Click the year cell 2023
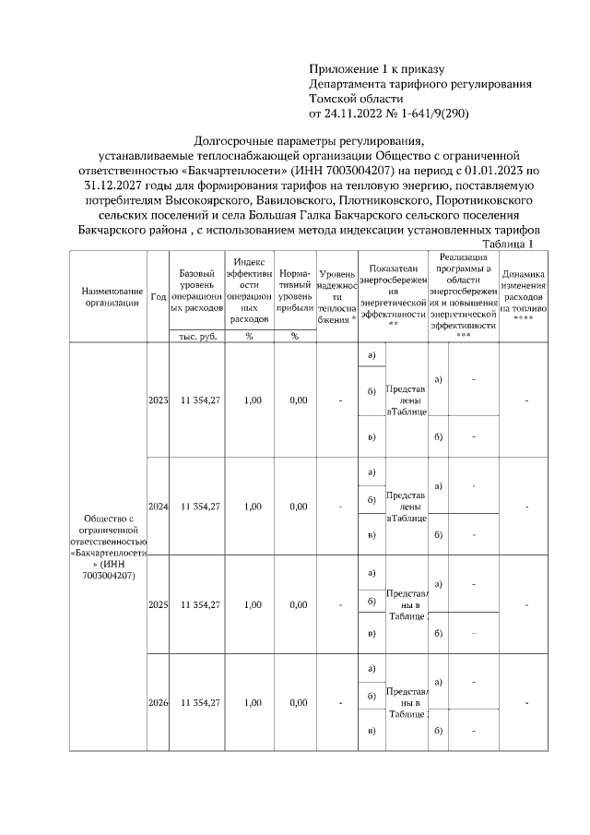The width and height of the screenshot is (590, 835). coord(158,400)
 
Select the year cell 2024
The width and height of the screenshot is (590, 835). coord(158,507)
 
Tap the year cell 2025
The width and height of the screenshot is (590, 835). coord(158,604)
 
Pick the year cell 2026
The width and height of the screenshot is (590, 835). coord(158,702)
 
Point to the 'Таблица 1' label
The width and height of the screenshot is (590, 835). coord(507,244)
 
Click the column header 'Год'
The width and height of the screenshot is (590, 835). coord(158,296)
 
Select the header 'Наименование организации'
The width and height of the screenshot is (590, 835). coord(109,296)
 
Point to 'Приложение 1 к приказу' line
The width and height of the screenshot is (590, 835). coord(376,69)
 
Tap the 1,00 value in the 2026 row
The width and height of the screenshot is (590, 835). coord(251,702)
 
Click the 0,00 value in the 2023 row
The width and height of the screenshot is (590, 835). coord(298,400)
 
